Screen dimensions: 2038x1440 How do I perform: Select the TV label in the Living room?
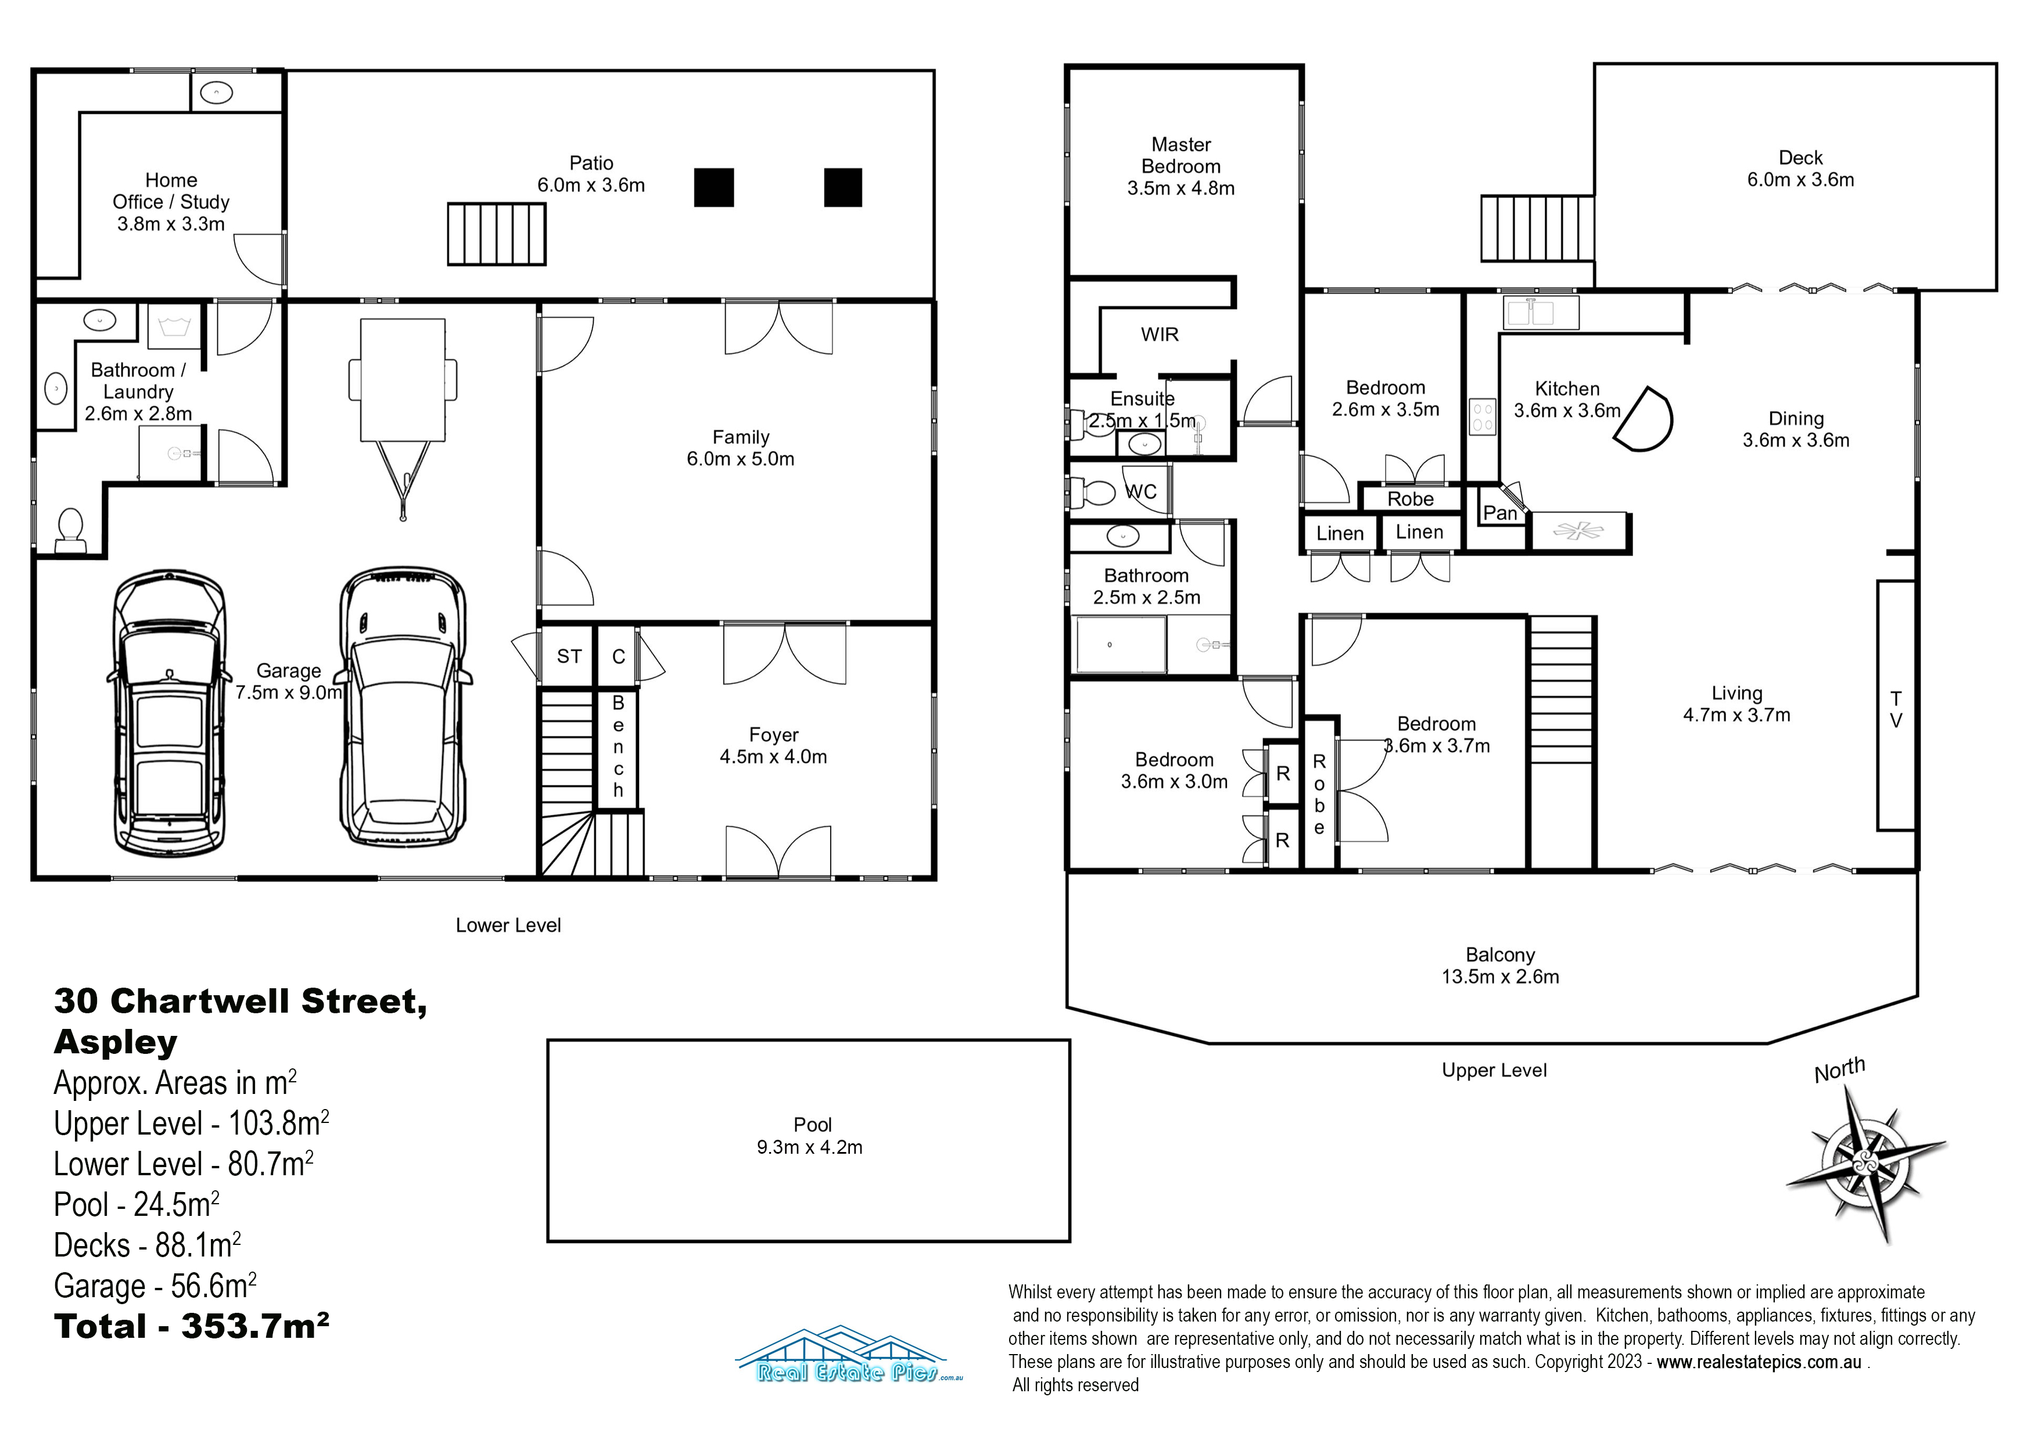coord(1896,710)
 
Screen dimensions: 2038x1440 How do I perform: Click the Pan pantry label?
coord(1500,513)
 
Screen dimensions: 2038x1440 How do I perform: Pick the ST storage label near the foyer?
coord(569,657)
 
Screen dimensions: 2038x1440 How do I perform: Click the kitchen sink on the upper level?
coord(1541,312)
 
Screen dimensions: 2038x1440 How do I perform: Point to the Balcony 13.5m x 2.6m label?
coord(1500,966)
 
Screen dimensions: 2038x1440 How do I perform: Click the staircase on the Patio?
coord(496,234)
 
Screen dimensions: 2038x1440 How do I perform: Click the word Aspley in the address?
coord(116,1042)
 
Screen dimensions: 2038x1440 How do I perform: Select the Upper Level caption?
coord(1494,1070)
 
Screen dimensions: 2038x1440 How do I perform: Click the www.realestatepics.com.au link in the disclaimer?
coord(1759,1362)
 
